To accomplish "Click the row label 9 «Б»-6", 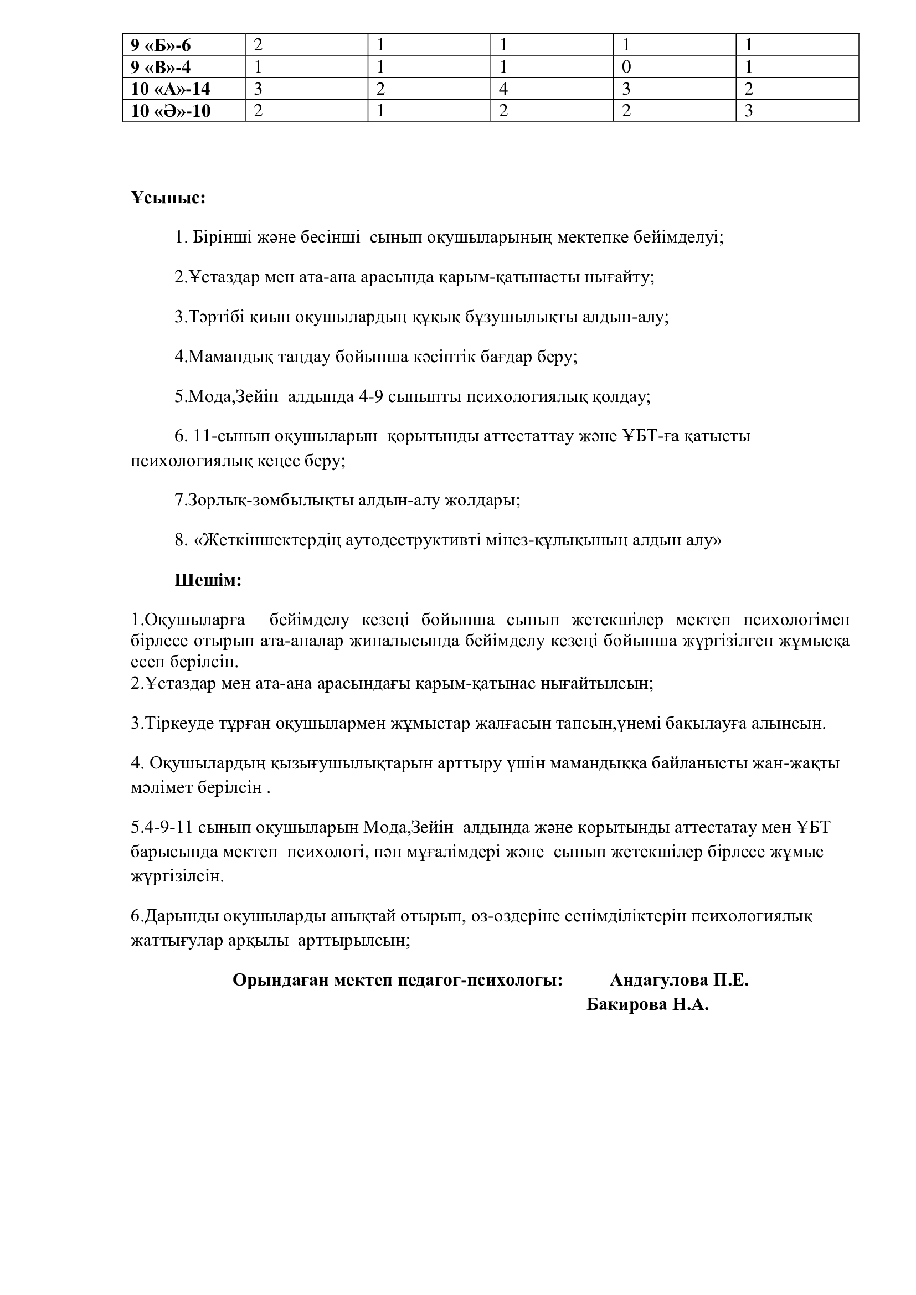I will [x=161, y=45].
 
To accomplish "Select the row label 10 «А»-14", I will [x=171, y=89].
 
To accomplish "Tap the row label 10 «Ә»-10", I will [x=171, y=111].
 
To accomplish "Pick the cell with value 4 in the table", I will [x=503, y=89].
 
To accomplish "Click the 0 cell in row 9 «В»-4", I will [x=626, y=67].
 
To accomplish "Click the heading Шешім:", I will [x=208, y=580].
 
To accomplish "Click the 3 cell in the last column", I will [x=749, y=111].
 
